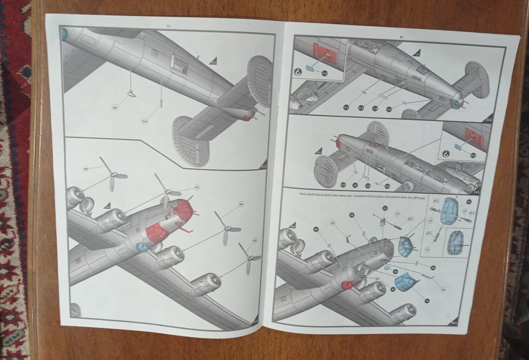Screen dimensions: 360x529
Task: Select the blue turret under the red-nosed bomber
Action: click(x=142, y=247)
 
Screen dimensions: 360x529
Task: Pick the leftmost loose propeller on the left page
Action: click(x=112, y=176)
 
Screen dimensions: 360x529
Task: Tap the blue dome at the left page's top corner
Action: click(x=63, y=34)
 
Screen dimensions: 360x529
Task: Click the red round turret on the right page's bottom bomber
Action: click(x=347, y=285)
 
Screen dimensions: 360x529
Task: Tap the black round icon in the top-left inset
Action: click(x=297, y=71)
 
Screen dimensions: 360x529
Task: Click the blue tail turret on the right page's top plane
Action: click(x=455, y=103)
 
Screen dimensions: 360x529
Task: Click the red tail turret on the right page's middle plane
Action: click(x=337, y=144)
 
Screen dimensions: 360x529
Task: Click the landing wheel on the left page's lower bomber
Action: click(x=88, y=207)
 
